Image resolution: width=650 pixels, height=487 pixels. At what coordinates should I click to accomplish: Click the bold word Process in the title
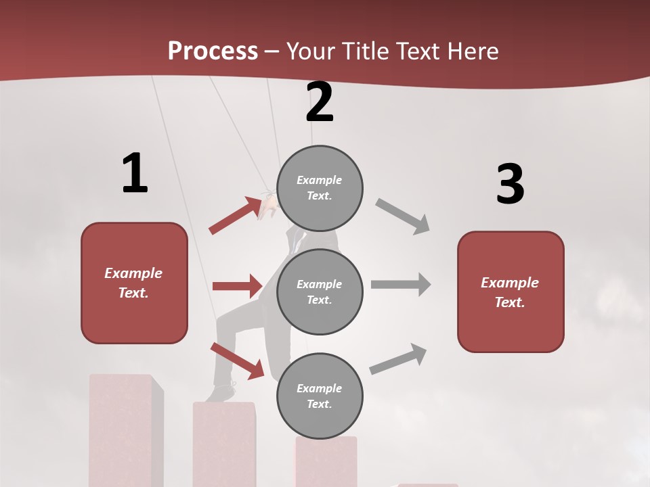(213, 51)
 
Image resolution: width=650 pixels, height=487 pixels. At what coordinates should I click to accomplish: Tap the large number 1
(135, 173)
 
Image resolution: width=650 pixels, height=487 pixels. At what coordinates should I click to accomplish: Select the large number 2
(320, 102)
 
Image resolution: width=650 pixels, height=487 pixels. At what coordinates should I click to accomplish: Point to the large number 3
(510, 185)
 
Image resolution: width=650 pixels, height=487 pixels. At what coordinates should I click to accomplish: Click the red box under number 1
(134, 283)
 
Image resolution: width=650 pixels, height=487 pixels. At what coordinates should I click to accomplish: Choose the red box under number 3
(511, 292)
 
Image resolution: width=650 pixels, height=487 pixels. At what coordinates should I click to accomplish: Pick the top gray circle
(320, 188)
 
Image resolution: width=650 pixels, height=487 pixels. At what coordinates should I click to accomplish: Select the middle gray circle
(320, 292)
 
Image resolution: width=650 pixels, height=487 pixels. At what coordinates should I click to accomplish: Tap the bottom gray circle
(320, 396)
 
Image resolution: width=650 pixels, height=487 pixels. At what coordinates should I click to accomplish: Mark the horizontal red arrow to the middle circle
(237, 286)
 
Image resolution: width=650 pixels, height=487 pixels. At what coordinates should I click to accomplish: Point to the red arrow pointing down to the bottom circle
(237, 360)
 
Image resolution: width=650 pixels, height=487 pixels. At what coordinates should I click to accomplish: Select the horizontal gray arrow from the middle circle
(401, 285)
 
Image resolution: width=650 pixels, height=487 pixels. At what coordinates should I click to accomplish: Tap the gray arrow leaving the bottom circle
(398, 359)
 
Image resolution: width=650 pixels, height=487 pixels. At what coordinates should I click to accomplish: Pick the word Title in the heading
(366, 51)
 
